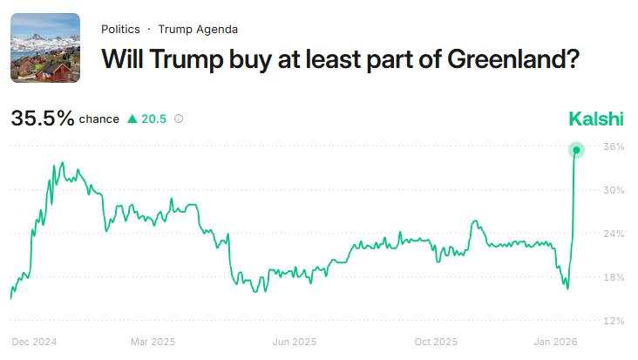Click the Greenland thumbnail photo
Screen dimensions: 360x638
pos(45,48)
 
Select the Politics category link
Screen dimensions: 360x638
pos(120,29)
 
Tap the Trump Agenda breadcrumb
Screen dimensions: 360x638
pos(198,29)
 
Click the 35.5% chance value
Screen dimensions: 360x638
pos(43,119)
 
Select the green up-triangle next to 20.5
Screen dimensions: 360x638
pos(132,119)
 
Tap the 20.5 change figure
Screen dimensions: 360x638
pos(154,119)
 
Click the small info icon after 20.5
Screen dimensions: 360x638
pos(179,119)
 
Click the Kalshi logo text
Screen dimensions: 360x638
pos(597,119)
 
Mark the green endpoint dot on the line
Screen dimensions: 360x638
pos(576,150)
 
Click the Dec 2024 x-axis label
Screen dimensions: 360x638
pos(33,342)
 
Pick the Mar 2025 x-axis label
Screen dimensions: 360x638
pos(153,342)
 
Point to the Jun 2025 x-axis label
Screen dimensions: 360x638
pos(294,342)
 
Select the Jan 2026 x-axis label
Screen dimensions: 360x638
pos(556,342)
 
